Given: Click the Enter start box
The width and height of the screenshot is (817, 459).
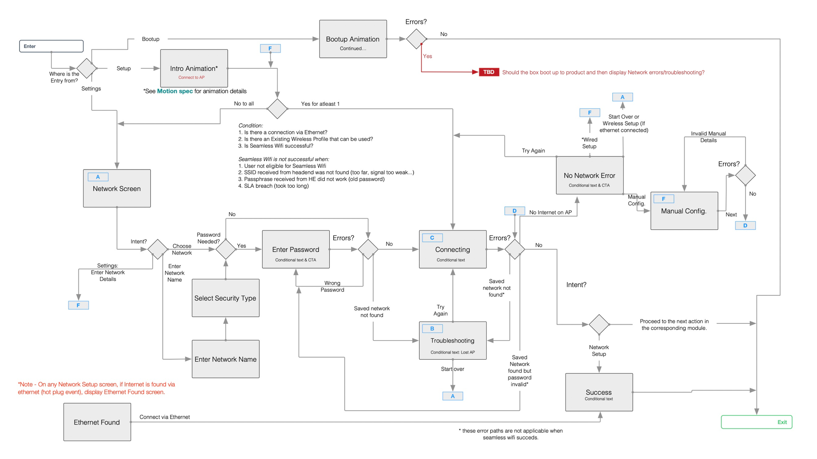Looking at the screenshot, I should [51, 46].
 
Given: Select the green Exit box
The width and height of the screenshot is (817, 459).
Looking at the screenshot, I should [756, 422].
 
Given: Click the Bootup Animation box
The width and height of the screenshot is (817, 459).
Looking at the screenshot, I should [353, 39].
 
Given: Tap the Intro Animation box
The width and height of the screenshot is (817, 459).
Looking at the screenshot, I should [194, 68].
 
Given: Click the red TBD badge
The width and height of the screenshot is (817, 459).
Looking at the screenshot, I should [488, 72].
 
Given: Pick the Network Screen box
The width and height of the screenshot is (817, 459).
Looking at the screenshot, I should [117, 189].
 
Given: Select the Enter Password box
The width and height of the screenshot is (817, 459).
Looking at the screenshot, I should [296, 249].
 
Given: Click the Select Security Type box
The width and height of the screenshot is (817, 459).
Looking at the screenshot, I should [226, 298].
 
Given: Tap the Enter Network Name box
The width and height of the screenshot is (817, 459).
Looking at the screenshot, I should [226, 359].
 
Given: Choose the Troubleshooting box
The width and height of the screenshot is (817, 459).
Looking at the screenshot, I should [452, 341].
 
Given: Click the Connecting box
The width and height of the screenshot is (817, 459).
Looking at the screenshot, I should [452, 249].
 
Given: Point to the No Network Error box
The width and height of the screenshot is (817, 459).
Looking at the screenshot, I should [589, 176].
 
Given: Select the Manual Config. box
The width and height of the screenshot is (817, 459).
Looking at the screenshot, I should [684, 211].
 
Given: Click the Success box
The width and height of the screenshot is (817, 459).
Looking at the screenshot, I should [599, 392].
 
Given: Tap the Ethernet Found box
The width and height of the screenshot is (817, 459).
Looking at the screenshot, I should [97, 422].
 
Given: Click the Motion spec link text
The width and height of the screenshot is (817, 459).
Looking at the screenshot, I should [175, 91].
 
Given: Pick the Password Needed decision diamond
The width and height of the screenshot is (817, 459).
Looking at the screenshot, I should [226, 249].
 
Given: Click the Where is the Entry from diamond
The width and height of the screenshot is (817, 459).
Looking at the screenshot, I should [86, 68].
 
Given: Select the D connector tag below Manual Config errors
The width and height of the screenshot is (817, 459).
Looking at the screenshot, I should [745, 226].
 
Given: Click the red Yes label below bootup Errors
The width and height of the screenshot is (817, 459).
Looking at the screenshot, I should [427, 56].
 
